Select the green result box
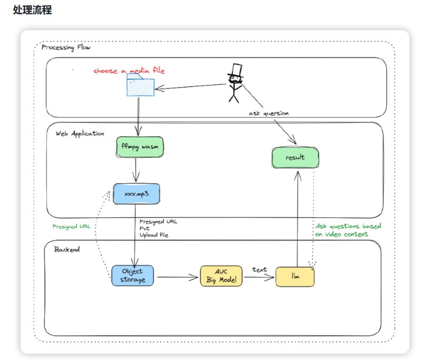coord(295,158)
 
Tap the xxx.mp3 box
coord(136,194)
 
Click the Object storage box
coord(133,276)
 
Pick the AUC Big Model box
coord(222,276)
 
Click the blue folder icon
coord(140,85)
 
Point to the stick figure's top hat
coord(235,70)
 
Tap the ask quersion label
coord(268,113)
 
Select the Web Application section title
coord(80,134)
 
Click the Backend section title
coord(67,249)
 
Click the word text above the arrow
coord(260,270)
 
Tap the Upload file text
coord(154,235)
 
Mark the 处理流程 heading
coord(33,11)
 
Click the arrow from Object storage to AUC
coord(178,277)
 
